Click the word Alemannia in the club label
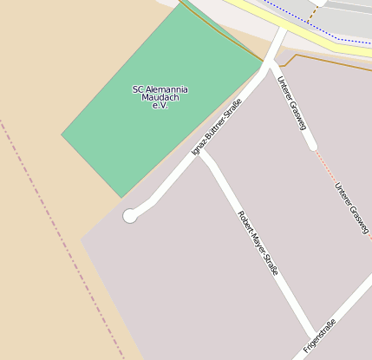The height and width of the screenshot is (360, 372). click(166, 89)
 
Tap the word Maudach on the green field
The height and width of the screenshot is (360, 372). click(160, 97)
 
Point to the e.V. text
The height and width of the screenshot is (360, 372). click(160, 105)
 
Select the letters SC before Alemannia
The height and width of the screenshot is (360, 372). click(138, 89)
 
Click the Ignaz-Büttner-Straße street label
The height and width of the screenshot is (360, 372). click(216, 128)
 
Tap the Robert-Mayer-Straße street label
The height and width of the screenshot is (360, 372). click(258, 243)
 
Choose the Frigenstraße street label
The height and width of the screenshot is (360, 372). click(319, 337)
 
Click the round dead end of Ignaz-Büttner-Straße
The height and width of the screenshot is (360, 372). click(130, 215)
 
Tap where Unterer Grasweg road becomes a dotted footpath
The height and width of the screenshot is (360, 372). click(313, 146)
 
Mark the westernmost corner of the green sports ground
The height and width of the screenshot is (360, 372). click(62, 134)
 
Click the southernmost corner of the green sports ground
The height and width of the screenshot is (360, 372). click(121, 198)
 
